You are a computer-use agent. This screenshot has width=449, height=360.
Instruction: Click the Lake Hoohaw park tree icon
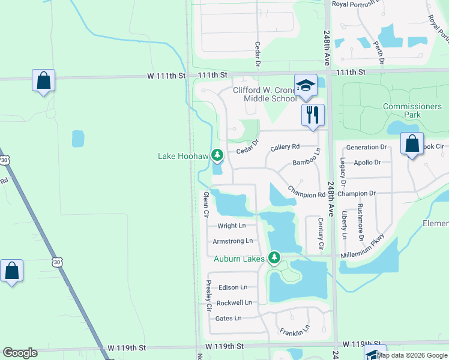tap(217, 155)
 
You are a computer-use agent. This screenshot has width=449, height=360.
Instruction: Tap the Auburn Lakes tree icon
tap(274, 257)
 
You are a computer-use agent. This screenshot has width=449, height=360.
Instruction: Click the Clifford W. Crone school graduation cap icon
tap(306, 85)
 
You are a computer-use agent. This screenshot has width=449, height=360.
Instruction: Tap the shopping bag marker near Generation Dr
tap(412, 145)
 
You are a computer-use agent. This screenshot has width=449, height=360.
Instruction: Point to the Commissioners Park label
tap(412, 110)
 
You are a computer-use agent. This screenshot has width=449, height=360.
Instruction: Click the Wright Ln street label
tap(231, 226)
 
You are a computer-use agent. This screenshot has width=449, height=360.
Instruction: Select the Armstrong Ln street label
tap(232, 241)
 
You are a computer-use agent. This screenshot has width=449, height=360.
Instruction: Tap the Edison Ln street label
tap(233, 287)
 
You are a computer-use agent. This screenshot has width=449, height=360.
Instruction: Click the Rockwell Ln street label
tap(234, 302)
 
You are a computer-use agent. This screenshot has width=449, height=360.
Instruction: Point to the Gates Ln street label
tap(228, 318)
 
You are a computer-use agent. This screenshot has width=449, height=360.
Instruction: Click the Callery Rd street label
tap(285, 147)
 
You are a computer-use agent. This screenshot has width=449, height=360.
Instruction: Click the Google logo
tap(20, 353)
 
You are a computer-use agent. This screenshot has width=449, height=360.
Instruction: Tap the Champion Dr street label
tap(356, 194)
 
